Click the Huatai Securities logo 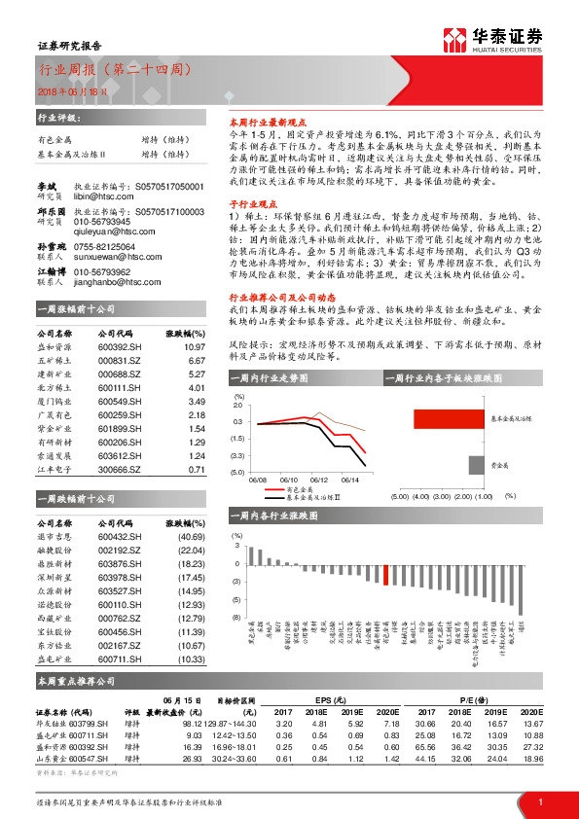pos(492,38)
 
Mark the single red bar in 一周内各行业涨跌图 pos(385,574)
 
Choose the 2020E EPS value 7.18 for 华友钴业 pos(387,724)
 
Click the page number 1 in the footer pos(539,801)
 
